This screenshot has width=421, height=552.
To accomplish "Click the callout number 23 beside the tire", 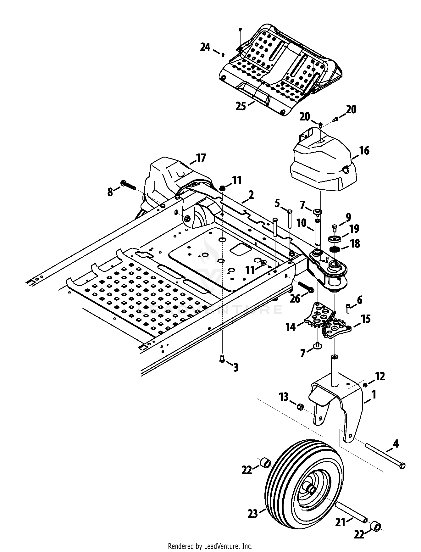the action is point(252,514).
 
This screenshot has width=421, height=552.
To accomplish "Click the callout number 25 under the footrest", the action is point(241,106).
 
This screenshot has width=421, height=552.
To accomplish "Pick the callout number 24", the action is point(205,47).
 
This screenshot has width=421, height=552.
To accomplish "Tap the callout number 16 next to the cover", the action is point(364,151).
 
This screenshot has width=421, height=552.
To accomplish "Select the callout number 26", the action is point(295,298).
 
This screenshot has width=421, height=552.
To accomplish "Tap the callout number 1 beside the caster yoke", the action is point(374,394).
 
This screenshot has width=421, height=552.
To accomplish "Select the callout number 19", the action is point(354,228).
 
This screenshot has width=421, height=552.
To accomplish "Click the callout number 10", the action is point(302,223).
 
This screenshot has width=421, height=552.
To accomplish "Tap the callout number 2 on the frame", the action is point(251,195).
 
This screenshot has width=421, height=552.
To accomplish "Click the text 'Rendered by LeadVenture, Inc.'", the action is point(210,546).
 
